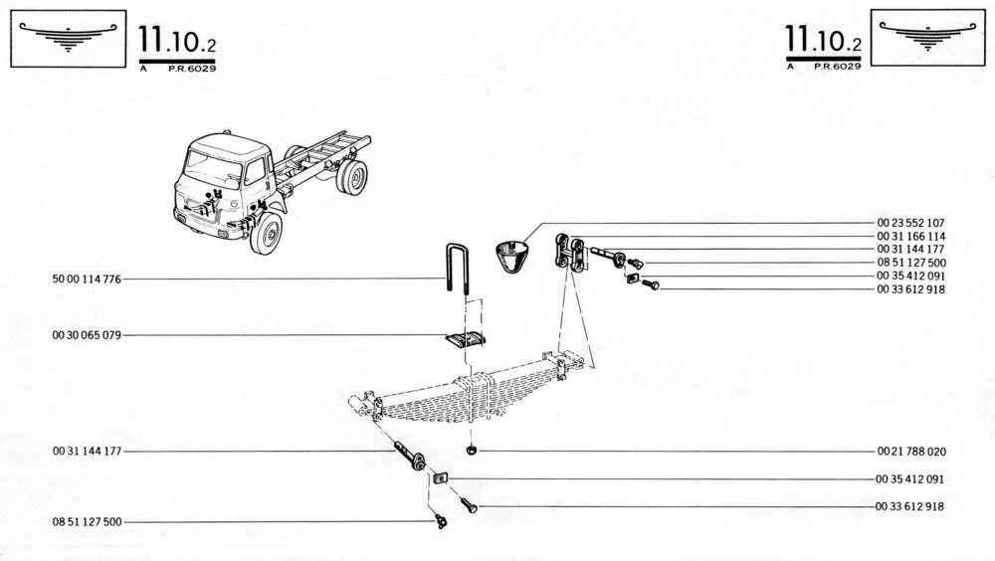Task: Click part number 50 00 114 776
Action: (87, 280)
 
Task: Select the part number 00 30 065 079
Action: (87, 335)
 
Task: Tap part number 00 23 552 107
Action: (910, 223)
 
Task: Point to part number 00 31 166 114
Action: (910, 236)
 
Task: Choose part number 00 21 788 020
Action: (911, 452)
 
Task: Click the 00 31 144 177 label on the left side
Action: (87, 452)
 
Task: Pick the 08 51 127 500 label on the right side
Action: (911, 263)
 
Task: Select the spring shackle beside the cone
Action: (569, 253)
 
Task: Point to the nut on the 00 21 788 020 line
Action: (472, 450)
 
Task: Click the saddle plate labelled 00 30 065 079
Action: (465, 341)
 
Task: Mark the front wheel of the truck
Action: (267, 233)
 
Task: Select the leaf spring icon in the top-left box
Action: (69, 36)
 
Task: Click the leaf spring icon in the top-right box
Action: (927, 35)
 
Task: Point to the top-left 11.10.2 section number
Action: (177, 40)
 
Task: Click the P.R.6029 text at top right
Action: (838, 66)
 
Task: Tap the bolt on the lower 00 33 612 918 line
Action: (469, 505)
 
